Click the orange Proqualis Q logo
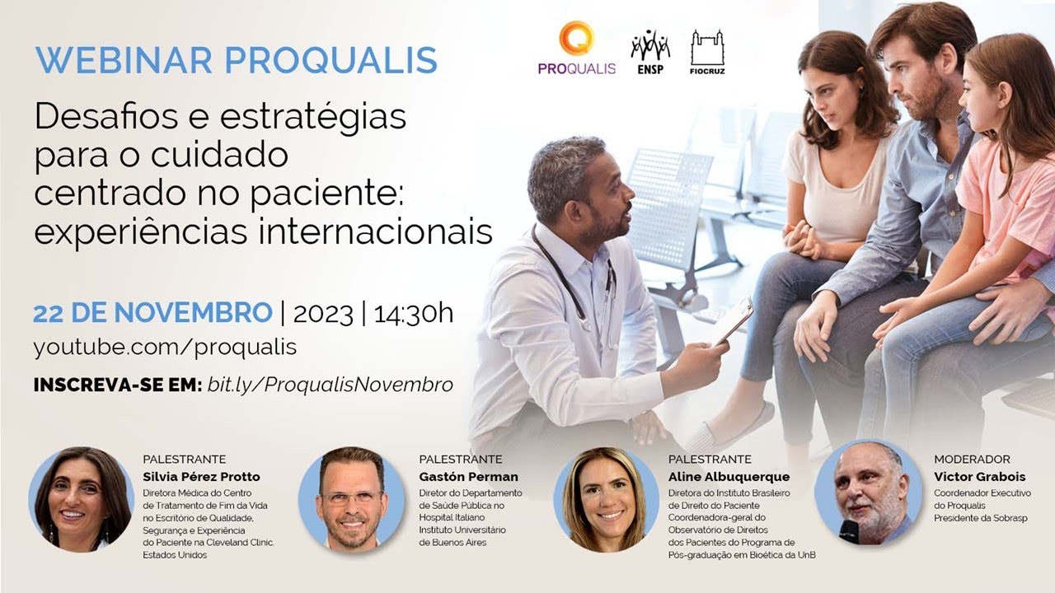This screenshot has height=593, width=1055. click(x=576, y=40)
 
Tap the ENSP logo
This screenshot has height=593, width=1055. click(x=649, y=52)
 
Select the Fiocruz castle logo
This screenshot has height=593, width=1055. click(x=707, y=52)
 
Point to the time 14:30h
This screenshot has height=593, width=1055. click(x=413, y=314)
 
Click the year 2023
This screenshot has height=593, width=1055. click(x=322, y=314)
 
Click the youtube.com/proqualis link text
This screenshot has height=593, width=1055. click(x=165, y=347)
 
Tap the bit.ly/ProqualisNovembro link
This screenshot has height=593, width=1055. click(x=331, y=385)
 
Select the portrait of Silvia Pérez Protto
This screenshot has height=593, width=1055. click(x=81, y=499)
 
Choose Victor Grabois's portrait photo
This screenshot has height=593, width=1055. click(x=868, y=493)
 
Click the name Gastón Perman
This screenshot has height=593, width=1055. click(x=468, y=477)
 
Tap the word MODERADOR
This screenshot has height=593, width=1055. click(x=972, y=459)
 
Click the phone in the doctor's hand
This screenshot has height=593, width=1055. click(x=733, y=320)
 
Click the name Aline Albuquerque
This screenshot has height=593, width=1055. click(x=729, y=477)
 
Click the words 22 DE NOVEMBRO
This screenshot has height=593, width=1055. click(x=152, y=314)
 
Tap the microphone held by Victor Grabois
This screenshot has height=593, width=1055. click(x=849, y=530)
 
